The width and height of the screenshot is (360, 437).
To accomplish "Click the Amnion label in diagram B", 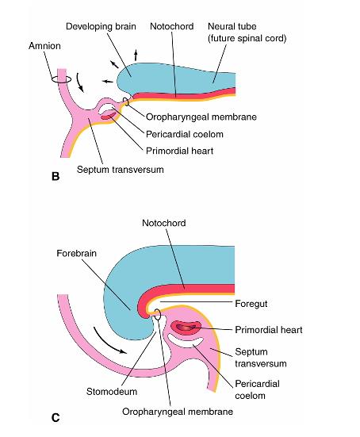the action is pos(44,46).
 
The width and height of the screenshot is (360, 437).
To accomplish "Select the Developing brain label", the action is pos(101,26).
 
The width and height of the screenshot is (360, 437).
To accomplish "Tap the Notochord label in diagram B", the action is pos(171,26).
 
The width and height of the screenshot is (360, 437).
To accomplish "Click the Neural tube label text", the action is pos(232,26).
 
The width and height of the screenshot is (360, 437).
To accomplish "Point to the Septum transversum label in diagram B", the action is pos(120,170).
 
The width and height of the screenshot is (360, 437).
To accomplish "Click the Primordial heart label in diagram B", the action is pos(179,151).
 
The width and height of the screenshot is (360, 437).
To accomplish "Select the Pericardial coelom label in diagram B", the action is pos(185,134).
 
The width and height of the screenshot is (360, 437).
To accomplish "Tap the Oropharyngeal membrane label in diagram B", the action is pos(201,117).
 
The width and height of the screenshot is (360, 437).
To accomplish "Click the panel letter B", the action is pos(56,176).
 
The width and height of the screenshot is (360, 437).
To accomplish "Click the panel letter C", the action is pos(56,418).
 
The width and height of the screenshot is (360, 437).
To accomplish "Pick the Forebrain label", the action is pos(76,253).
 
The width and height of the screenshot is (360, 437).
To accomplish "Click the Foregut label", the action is pos(251,304).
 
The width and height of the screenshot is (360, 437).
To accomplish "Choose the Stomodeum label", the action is pos(112,391).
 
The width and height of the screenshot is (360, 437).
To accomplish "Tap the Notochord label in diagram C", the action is pos(164,223).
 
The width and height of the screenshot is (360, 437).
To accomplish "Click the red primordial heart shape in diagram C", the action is pos(186,327).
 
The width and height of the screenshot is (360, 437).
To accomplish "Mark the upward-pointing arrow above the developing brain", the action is pos(136,56).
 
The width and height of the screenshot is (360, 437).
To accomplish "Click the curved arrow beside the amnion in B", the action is pos(80,82).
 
